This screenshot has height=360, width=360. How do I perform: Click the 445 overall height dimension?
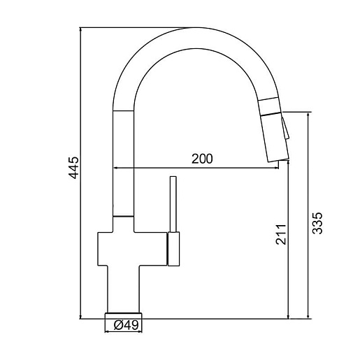coord(74,168)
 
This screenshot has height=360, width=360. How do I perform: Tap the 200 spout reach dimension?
coord(202,159)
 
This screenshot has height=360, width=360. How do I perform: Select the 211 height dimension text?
coord(280,234)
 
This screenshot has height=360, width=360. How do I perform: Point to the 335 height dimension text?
coord(317,223)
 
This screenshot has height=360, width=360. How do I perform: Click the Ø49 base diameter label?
coord(126,325)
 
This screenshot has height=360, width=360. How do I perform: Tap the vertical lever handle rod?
coord(173,204)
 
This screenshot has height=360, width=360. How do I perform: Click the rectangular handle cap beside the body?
coord(173,249)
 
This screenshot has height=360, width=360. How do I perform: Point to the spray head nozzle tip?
coord(278,160)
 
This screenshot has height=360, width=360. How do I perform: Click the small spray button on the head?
coord(285,129)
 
